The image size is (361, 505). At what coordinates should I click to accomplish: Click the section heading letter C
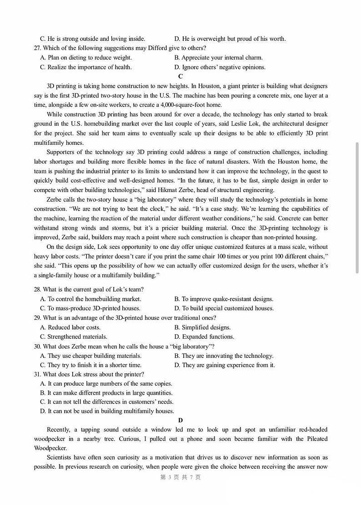[180, 76]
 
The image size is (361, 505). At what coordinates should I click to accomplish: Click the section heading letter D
[180, 421]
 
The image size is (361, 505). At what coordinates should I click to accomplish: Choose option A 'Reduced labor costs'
[70, 327]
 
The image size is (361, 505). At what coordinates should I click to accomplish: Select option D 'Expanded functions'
[204, 337]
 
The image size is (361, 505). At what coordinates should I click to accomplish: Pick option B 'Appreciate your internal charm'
[218, 58]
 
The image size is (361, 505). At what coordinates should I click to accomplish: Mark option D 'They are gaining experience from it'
[225, 365]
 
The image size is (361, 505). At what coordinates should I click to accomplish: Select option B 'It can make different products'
[106, 393]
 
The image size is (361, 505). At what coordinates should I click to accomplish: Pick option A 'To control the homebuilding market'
[90, 299]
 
